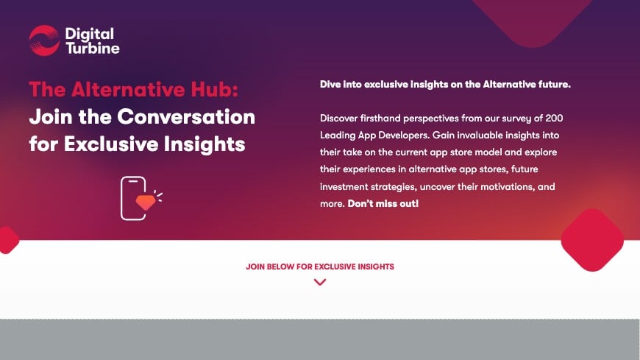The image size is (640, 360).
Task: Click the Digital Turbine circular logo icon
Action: click(44, 40)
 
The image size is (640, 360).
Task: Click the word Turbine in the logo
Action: click(92, 49)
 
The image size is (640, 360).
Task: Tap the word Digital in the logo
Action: click(89, 33)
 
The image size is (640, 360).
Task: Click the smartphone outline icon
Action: click(134, 197)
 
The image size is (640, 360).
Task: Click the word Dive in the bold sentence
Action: click(331, 85)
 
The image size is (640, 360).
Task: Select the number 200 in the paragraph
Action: click(554, 118)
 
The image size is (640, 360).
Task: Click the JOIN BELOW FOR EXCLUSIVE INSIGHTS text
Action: click(319, 266)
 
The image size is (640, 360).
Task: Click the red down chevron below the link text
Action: click(319, 281)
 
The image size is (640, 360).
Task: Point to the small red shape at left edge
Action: click(7, 240)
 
